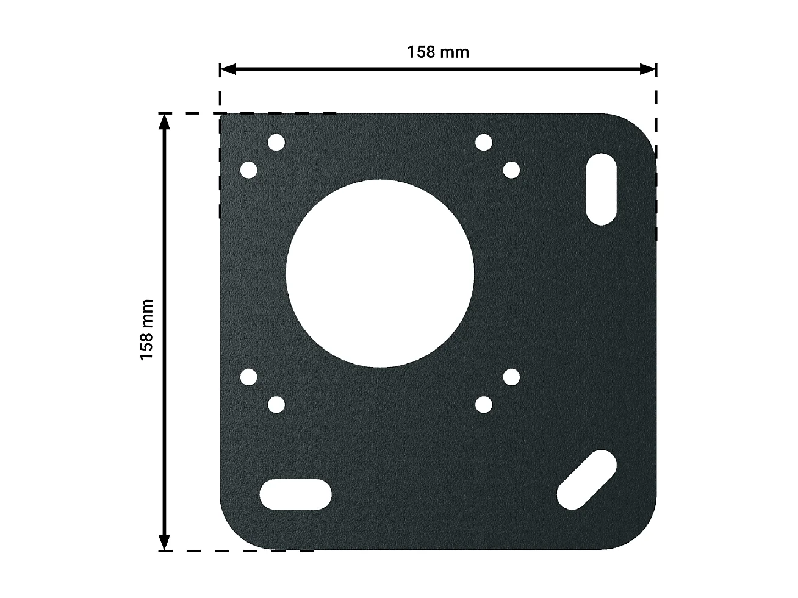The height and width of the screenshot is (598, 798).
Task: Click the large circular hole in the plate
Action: tap(379, 274)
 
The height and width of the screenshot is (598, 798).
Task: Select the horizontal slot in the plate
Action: tap(295, 494)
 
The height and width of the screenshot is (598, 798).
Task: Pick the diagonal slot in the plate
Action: tap(587, 479)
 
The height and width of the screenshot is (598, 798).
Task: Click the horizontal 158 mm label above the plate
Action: tap(438, 52)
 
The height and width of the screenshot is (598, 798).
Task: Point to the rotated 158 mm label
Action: tap(147, 329)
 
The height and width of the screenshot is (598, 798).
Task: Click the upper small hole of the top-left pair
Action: tap(276, 143)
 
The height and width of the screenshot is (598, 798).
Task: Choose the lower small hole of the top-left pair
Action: tap(248, 170)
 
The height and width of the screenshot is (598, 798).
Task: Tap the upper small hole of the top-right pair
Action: tap(484, 143)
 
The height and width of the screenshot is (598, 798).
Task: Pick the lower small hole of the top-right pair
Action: tap(511, 170)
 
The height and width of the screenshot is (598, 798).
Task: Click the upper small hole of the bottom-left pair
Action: tap(248, 377)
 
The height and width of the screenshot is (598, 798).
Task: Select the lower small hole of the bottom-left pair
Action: tap(276, 405)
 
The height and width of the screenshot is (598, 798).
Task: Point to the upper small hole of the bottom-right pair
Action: tap(511, 377)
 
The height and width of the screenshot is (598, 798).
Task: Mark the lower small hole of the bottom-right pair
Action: tap(484, 405)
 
